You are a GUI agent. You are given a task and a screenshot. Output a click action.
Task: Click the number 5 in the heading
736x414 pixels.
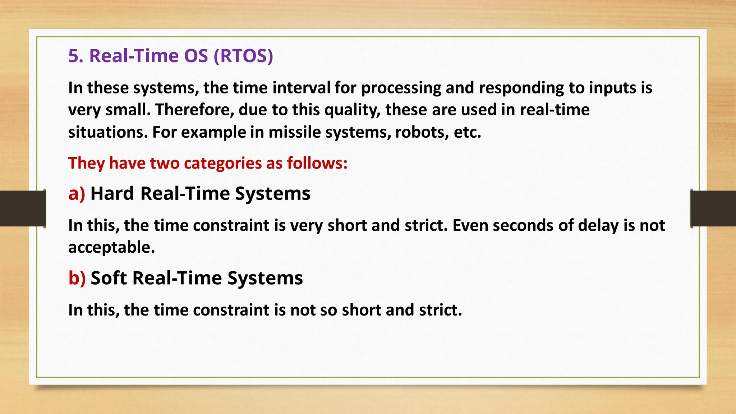(73, 56)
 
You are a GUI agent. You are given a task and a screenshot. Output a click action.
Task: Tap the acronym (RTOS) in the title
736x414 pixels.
(243, 56)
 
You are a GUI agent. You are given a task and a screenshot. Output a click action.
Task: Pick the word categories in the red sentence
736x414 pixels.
(223, 163)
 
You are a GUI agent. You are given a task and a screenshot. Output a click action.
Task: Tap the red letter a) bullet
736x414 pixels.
(77, 193)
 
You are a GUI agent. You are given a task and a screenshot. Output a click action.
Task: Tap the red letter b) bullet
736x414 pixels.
(77, 278)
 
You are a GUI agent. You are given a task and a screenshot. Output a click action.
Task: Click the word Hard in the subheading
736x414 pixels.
(112, 193)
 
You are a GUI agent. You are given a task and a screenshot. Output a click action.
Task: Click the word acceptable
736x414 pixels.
(111, 248)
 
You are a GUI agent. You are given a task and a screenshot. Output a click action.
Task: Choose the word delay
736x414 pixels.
(598, 226)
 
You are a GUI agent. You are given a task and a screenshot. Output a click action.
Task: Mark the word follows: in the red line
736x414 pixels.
(317, 163)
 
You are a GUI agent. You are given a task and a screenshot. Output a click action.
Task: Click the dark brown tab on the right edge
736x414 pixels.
(713, 208)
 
